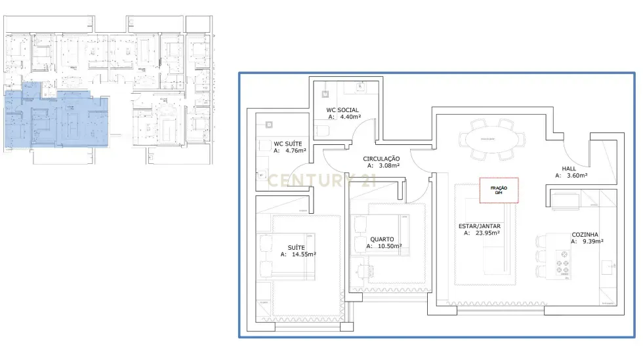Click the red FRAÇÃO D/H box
point(499,190)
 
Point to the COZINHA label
point(587,233)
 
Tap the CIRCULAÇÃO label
point(381,159)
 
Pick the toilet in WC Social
point(323,130)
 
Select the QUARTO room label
point(383,239)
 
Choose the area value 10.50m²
point(387,247)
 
